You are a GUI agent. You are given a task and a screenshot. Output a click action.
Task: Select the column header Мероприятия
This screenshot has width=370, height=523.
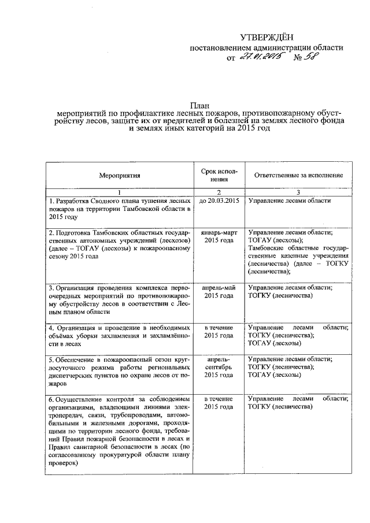120,175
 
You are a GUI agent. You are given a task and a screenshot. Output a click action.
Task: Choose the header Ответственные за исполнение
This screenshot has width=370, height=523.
295,175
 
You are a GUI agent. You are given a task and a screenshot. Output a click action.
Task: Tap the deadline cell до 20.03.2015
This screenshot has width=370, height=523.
219,201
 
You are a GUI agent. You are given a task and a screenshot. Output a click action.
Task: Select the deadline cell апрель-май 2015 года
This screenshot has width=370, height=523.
219,291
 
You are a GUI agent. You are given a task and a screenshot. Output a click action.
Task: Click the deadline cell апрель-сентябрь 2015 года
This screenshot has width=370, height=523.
219,367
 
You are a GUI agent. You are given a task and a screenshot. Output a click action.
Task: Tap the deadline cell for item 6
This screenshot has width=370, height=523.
219,403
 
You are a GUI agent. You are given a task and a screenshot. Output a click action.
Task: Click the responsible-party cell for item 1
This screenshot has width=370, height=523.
289,201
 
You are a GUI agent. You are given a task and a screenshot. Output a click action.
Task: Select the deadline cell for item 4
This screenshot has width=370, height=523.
219,331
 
